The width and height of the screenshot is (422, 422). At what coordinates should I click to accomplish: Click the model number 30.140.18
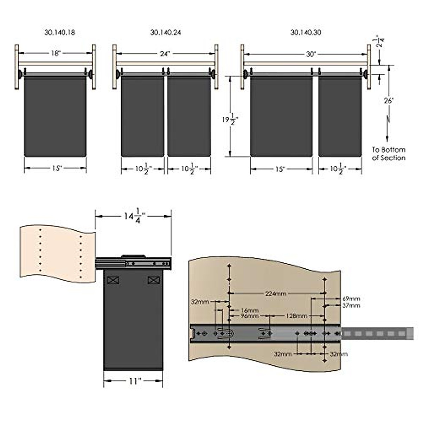coord(60,32)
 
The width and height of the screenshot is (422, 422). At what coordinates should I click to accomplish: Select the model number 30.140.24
coord(166,32)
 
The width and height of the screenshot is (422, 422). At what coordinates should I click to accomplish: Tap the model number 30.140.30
coord(306,32)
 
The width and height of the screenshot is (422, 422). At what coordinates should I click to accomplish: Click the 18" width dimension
coord(56,53)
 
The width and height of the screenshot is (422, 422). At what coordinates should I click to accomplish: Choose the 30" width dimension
coord(311,54)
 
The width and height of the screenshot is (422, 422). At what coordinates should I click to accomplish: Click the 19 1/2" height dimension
coord(230,120)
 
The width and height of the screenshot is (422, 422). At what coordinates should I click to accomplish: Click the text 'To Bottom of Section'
coord(389,154)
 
